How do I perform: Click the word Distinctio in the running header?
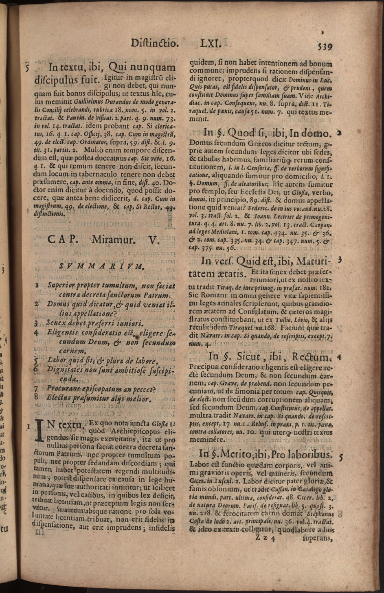point(155,43)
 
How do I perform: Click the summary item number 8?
point(37,397)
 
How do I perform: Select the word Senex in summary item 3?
point(57,323)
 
